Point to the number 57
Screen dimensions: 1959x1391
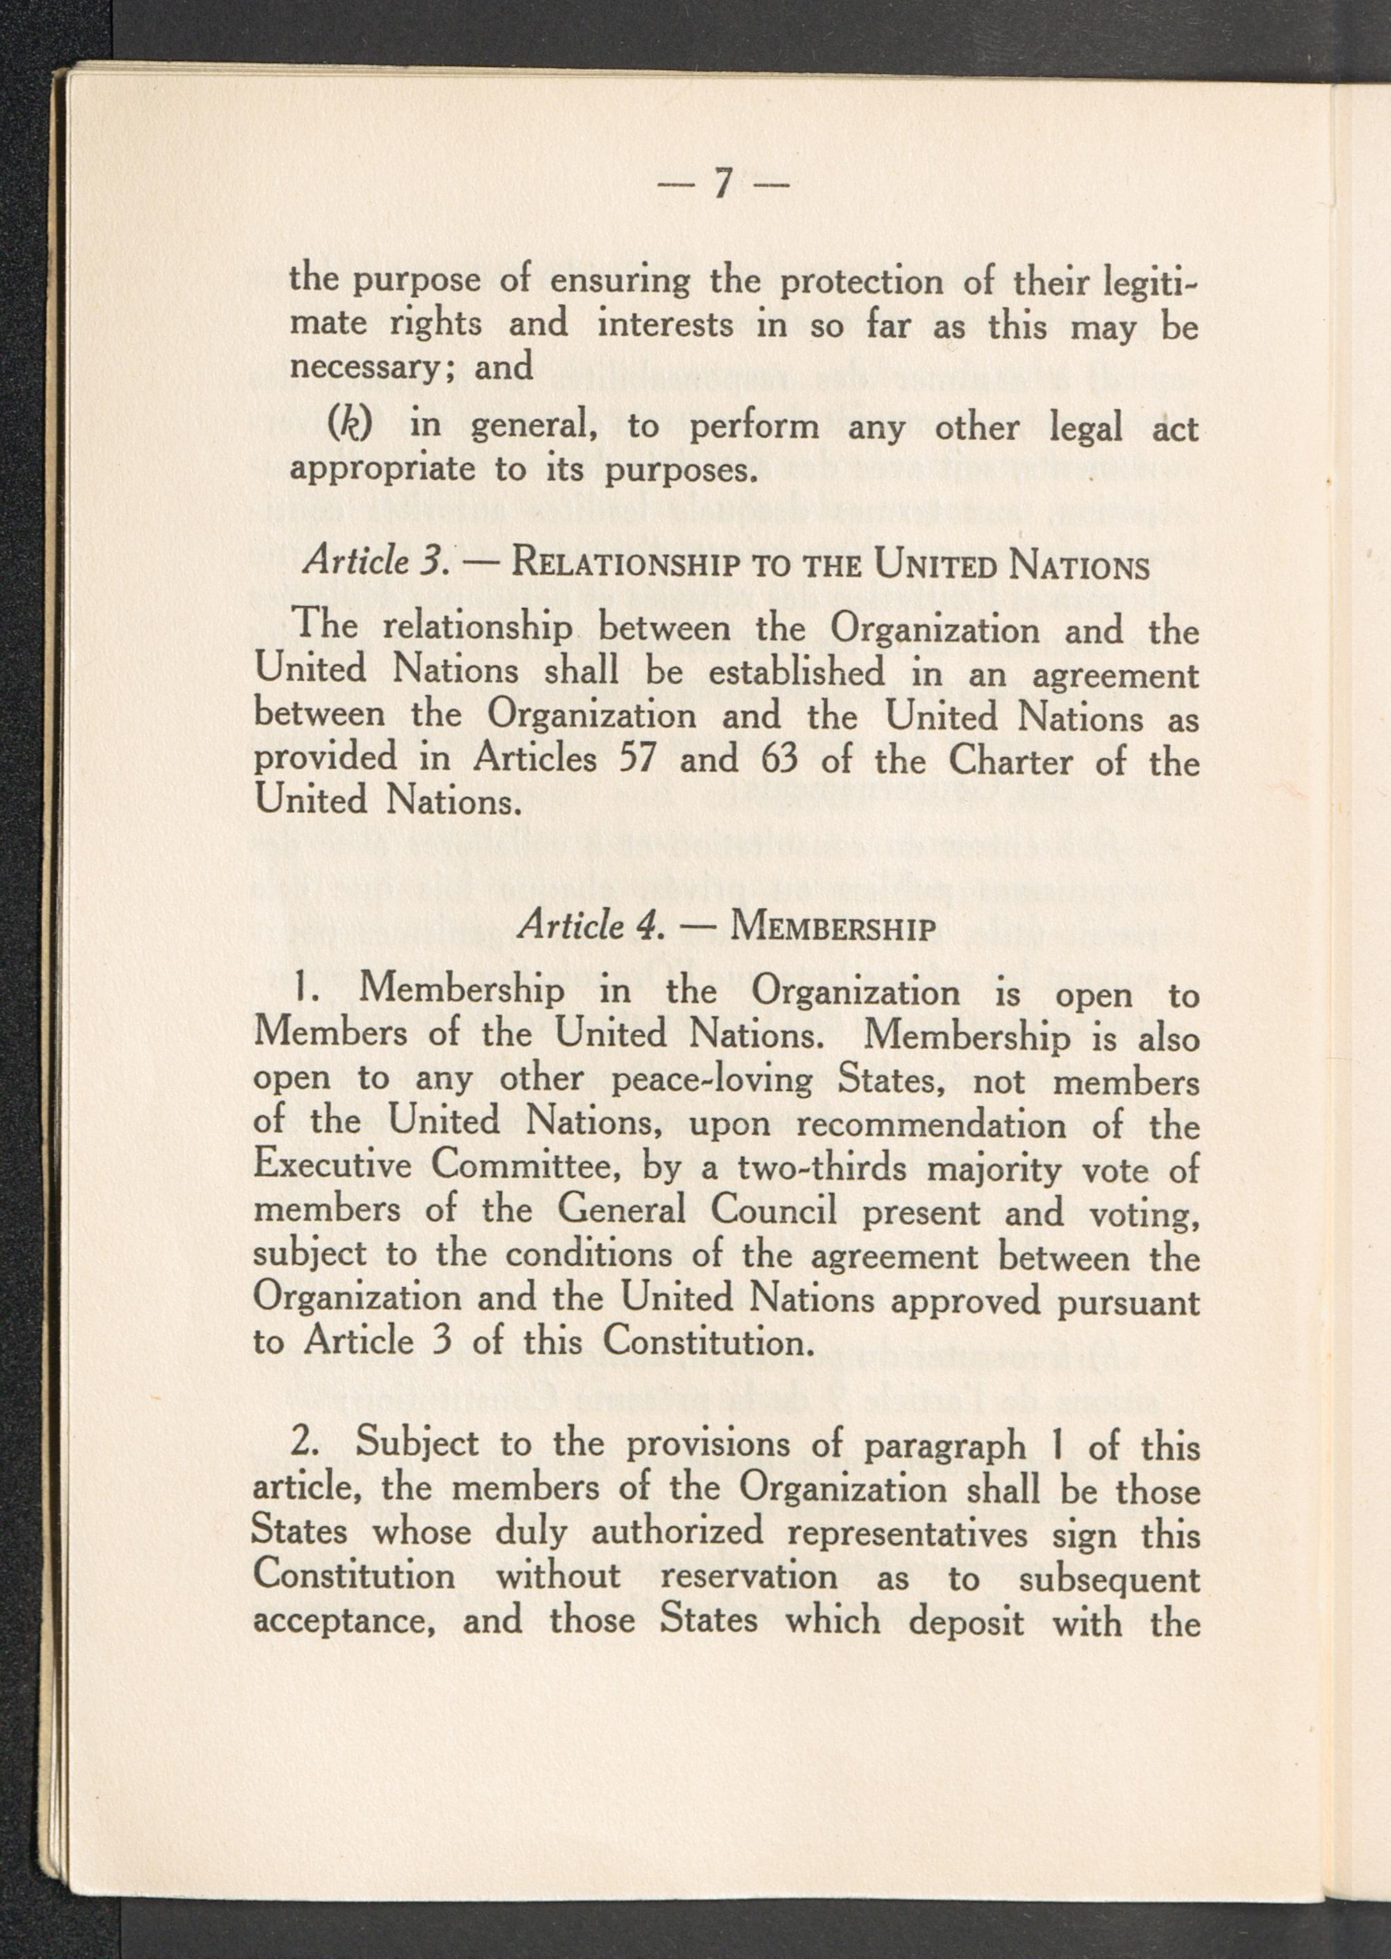(x=637, y=759)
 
